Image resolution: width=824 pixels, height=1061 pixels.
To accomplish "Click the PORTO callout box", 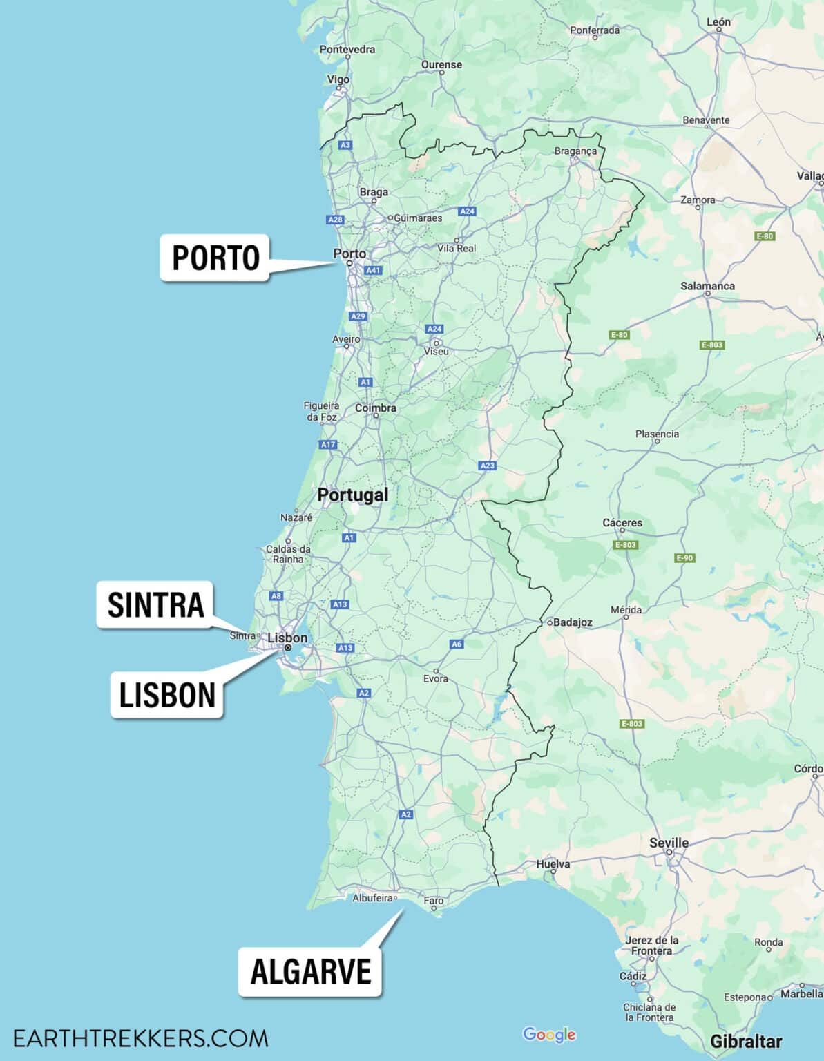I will pyautogui.click(x=215, y=258).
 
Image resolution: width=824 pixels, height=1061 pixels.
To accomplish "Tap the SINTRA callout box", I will pyautogui.click(x=155, y=604).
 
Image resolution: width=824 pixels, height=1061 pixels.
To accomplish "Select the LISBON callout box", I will pyautogui.click(x=167, y=695).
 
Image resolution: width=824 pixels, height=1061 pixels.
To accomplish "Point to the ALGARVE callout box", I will pyautogui.click(x=310, y=972).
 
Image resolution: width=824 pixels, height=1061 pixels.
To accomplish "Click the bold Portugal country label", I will pyautogui.click(x=352, y=495).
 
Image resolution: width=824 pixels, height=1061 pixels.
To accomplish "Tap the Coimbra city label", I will pyautogui.click(x=375, y=408).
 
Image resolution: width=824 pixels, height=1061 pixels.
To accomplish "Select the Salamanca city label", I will pyautogui.click(x=707, y=286).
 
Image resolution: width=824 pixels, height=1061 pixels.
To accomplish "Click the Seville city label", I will pyautogui.click(x=669, y=843).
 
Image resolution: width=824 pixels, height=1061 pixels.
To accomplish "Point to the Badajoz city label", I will pyautogui.click(x=573, y=622).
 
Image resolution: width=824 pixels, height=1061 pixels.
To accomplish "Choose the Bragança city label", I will pyautogui.click(x=575, y=151).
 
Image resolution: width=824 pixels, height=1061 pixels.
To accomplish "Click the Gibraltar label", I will pyautogui.click(x=746, y=1041).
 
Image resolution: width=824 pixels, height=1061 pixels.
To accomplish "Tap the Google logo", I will pyautogui.click(x=549, y=1034).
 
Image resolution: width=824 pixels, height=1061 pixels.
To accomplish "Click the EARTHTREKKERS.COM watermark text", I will pyautogui.click(x=140, y=1038).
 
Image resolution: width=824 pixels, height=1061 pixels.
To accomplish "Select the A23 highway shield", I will pyautogui.click(x=488, y=466).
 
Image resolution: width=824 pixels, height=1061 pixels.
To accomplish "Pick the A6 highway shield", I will pyautogui.click(x=457, y=644).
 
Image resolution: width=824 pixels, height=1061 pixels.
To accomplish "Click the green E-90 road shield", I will pyautogui.click(x=684, y=558).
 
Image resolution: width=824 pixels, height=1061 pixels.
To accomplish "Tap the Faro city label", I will pyautogui.click(x=434, y=901).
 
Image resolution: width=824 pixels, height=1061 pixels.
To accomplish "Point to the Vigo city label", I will pyautogui.click(x=338, y=79).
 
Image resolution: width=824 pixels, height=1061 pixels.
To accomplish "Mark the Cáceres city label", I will pyautogui.click(x=622, y=523).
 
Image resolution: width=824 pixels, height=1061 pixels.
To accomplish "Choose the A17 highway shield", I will pyautogui.click(x=328, y=444).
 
